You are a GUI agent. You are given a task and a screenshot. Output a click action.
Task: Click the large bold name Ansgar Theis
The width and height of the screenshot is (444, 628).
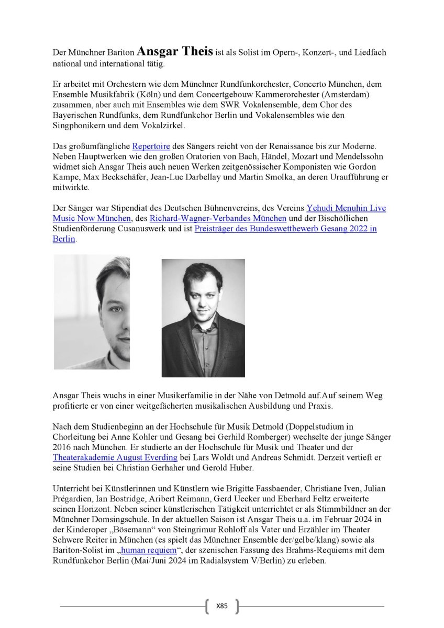[x=175, y=52]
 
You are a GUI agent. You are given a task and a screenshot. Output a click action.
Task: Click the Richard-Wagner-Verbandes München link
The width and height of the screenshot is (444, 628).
[x=218, y=218]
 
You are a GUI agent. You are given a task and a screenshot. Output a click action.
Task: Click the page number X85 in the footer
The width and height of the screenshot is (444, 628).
[x=221, y=606]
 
